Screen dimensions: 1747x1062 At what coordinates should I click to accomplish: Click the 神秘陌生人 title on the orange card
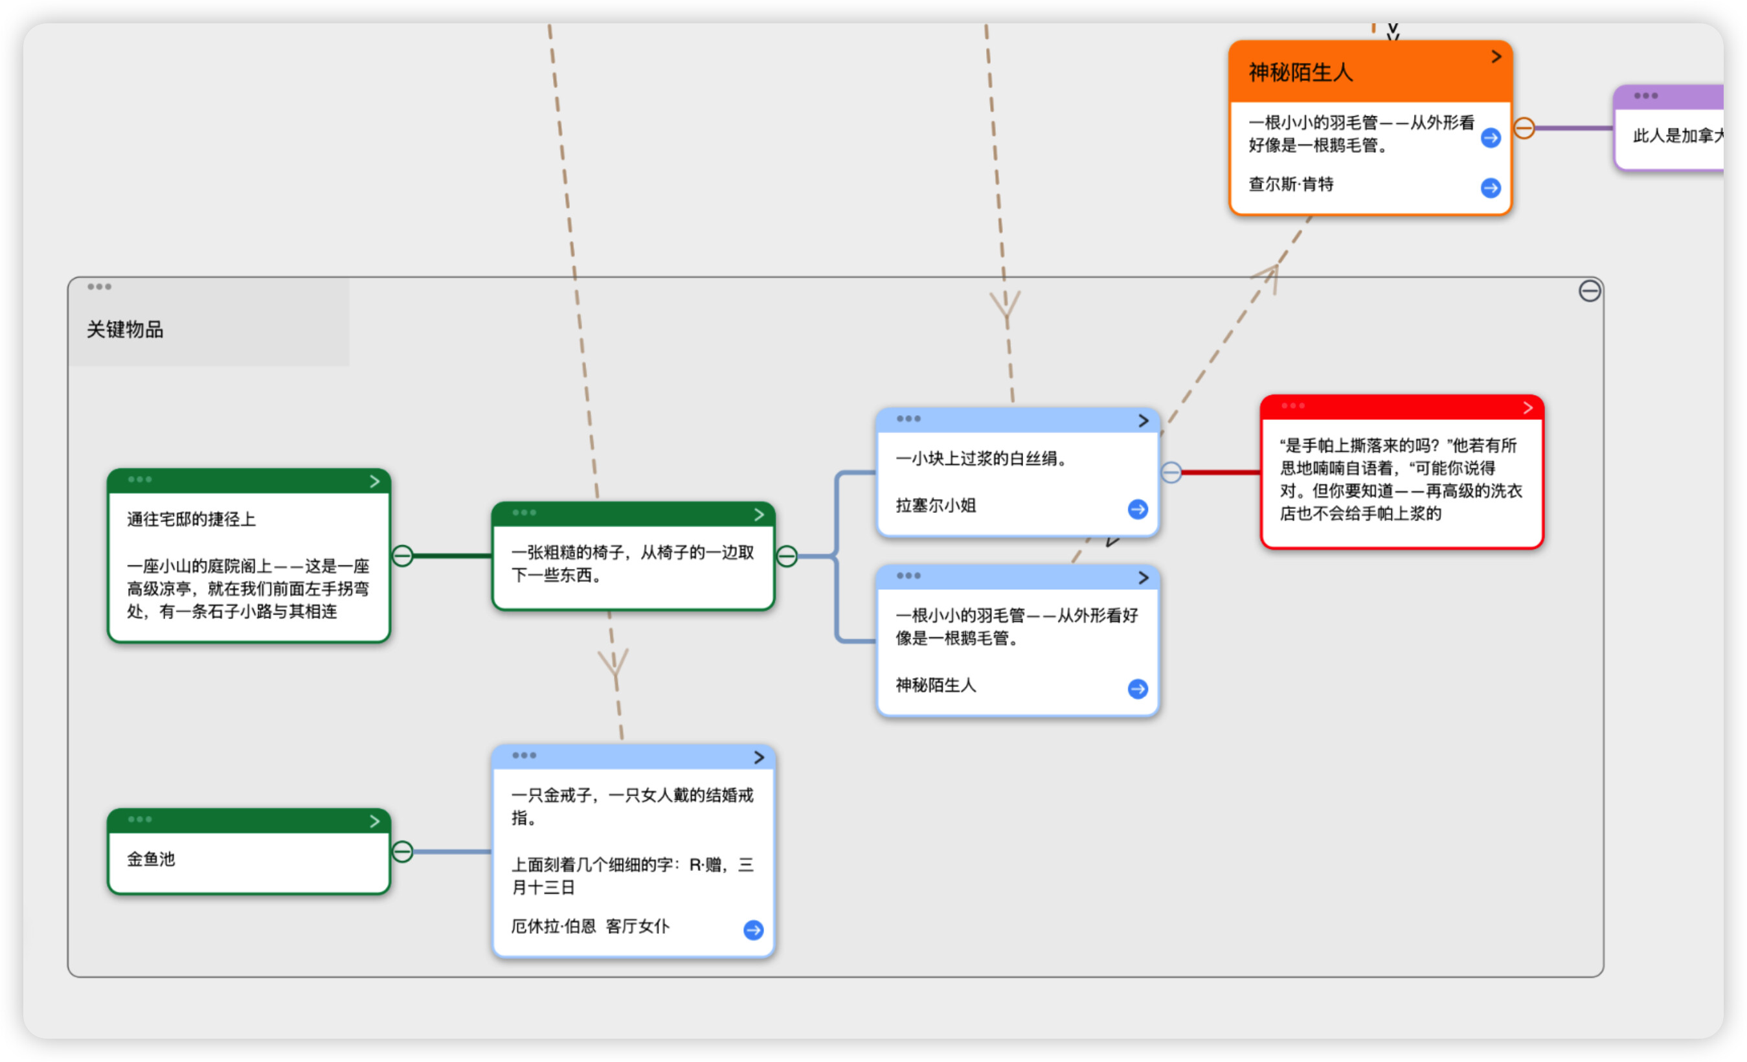pos(1300,73)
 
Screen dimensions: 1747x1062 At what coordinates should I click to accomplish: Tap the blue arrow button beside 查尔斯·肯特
pos(1491,188)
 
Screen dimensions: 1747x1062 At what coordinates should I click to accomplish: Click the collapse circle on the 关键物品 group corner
pos(1590,291)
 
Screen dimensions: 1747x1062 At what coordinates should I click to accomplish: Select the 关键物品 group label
pos(125,330)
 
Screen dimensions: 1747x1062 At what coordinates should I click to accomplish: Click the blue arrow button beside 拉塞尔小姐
pos(1138,509)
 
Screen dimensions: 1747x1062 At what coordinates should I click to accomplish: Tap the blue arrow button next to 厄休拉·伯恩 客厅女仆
pos(754,930)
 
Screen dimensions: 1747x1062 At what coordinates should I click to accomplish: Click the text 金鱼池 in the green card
pos(151,859)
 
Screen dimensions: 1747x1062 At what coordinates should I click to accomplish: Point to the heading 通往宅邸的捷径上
pos(192,519)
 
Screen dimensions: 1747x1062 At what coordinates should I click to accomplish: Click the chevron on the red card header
pos(1528,408)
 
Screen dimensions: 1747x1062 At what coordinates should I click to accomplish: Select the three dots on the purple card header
pos(1645,96)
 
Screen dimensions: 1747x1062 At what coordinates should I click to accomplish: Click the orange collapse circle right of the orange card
pos(1524,128)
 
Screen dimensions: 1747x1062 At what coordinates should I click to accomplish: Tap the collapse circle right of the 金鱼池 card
pos(402,852)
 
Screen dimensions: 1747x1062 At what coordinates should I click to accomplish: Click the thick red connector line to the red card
pos(1221,472)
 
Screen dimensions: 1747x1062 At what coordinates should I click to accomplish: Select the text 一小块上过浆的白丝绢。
pos(981,458)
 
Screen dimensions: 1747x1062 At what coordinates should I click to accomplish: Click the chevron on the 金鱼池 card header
pos(374,821)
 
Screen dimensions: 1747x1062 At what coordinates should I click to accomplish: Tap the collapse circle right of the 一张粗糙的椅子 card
pos(787,556)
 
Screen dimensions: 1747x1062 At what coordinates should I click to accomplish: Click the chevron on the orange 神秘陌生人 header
pos(1496,57)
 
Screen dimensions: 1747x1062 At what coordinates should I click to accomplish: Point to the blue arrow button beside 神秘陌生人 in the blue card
pos(1138,689)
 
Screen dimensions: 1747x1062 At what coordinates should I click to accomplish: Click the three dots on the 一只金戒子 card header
pos(524,756)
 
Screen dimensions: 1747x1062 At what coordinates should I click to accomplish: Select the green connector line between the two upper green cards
pos(453,556)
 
